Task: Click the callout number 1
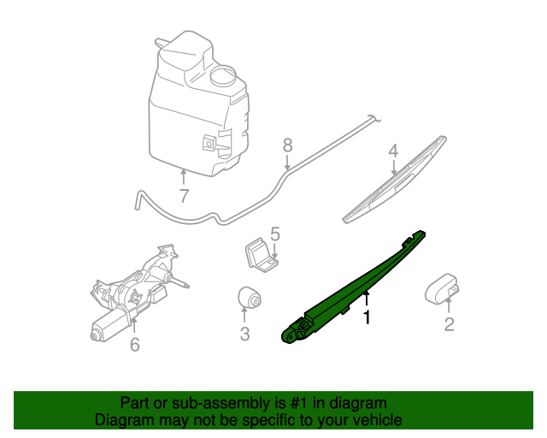(x=368, y=317)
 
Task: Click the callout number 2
(x=449, y=324)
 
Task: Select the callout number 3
(x=244, y=334)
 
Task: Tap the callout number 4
(x=393, y=151)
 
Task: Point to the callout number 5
(x=275, y=233)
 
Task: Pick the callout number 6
(x=134, y=345)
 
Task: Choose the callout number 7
(x=183, y=196)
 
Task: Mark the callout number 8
(x=287, y=145)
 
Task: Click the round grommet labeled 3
(x=248, y=297)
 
